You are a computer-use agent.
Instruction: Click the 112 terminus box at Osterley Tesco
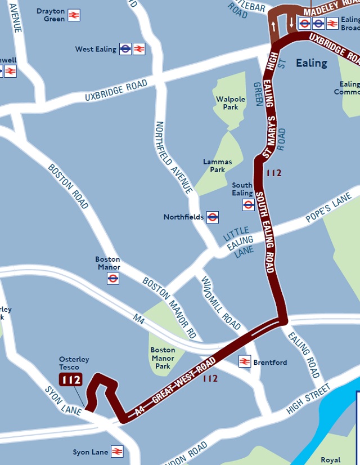tap(71, 380)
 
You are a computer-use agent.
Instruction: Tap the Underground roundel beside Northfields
tap(213, 217)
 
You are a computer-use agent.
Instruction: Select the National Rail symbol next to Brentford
tap(245, 361)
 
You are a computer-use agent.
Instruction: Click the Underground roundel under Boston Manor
tap(113, 278)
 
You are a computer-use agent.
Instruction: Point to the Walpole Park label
tap(231, 103)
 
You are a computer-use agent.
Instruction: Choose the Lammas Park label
tap(217, 166)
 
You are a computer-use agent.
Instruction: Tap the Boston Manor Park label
tap(163, 358)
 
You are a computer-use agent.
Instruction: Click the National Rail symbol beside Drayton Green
tap(74, 15)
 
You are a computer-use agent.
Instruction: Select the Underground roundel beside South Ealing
tap(248, 205)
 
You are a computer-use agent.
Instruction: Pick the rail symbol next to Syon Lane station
tap(117, 452)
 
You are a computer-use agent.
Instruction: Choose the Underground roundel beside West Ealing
tap(125, 50)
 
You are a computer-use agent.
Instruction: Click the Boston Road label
tap(67, 186)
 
